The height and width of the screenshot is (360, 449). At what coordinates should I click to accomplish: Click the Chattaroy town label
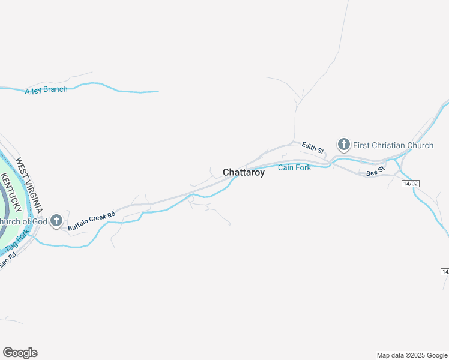click(243, 173)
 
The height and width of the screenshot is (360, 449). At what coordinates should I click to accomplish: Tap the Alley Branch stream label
click(46, 91)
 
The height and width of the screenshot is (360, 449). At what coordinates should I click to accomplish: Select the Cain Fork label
click(294, 167)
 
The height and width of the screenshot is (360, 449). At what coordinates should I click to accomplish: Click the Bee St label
click(375, 172)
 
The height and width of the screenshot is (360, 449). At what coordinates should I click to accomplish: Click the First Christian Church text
click(393, 145)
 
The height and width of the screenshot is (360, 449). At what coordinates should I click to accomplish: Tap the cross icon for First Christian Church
click(343, 144)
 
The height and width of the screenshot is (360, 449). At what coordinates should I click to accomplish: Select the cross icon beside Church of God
click(56, 221)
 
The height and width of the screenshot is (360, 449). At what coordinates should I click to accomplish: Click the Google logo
click(20, 353)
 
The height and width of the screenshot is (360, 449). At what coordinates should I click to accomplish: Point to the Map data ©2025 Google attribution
click(411, 355)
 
